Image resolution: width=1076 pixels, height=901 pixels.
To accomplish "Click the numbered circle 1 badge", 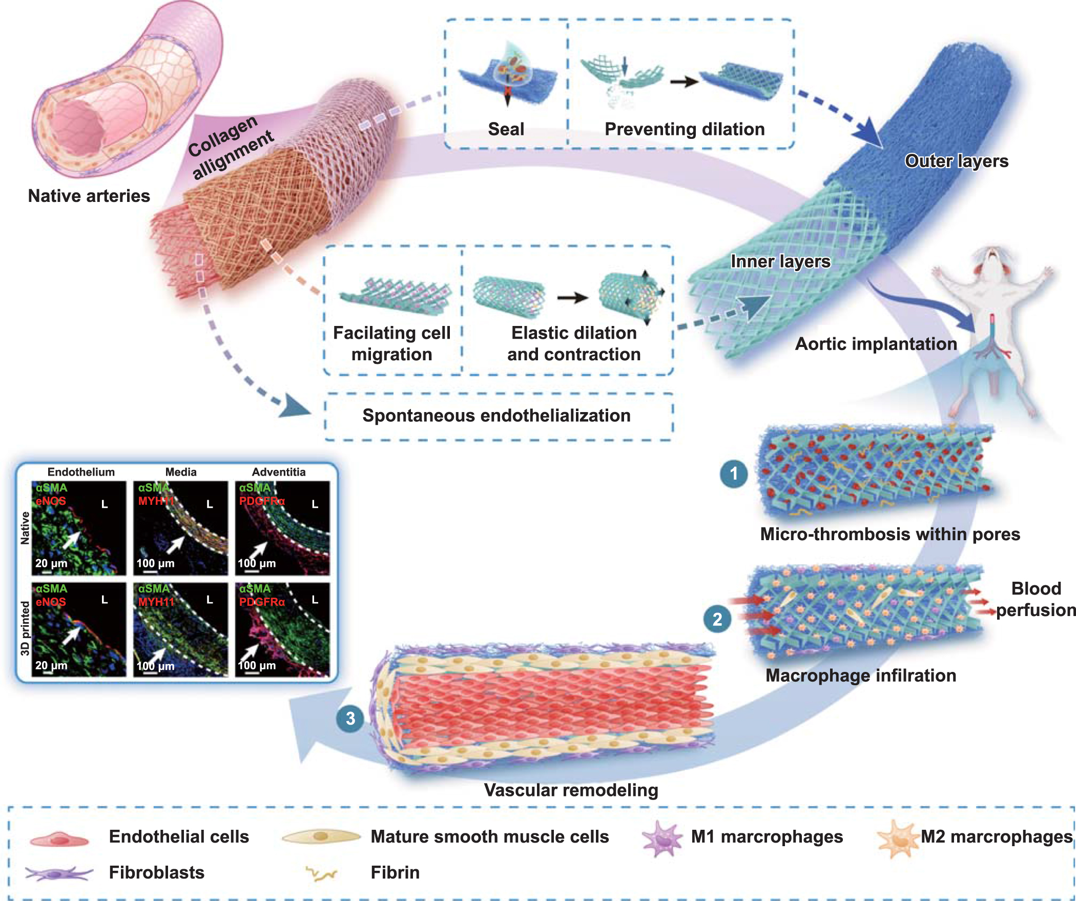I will click(734, 474).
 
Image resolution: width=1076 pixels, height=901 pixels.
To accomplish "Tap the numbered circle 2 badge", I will click(717, 619).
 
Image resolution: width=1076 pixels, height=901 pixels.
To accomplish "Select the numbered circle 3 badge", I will click(350, 719).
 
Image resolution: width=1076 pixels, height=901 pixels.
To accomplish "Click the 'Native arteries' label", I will click(89, 196).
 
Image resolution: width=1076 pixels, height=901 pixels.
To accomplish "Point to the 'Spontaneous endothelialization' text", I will click(496, 415).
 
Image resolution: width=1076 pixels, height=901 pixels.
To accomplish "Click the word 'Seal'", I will click(506, 129).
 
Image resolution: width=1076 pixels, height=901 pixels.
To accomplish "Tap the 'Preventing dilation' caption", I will click(684, 129).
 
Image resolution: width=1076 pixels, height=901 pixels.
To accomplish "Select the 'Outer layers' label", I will click(956, 161).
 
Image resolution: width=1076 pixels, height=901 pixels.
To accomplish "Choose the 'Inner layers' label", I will click(780, 261).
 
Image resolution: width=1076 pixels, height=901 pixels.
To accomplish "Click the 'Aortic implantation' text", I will click(876, 343).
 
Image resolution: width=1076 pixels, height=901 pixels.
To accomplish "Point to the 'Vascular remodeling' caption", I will click(571, 790).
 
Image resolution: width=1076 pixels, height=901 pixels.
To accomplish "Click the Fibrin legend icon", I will click(321, 873).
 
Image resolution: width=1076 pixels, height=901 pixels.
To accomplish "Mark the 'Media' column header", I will click(180, 472).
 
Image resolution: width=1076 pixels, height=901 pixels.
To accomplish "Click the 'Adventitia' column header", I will click(278, 472).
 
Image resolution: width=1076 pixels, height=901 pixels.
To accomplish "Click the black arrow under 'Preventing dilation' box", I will click(684, 81).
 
